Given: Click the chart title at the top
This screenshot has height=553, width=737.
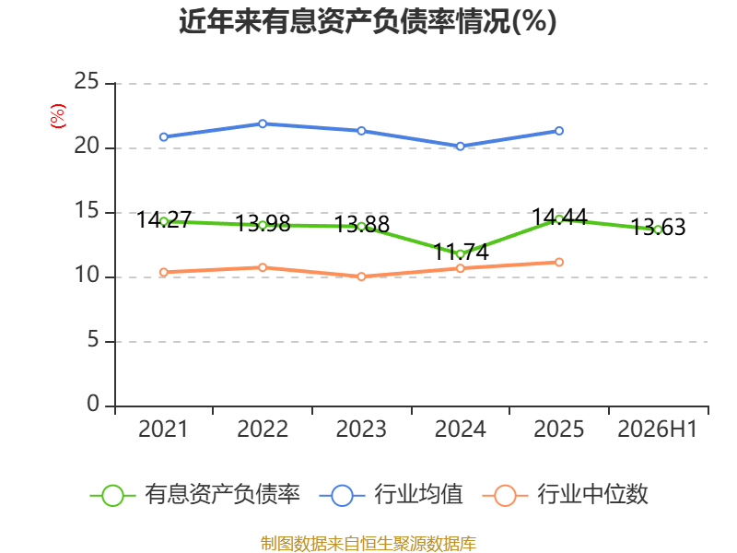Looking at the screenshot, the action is (x=368, y=21).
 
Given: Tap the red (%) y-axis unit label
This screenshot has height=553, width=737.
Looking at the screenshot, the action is (x=58, y=116).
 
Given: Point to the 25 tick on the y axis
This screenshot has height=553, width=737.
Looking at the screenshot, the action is (x=87, y=82).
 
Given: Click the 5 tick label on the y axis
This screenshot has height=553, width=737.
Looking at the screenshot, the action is (x=93, y=340).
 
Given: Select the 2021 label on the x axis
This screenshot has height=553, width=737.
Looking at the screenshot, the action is (x=163, y=429).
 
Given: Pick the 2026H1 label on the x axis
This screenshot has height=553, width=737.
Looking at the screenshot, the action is (x=657, y=429).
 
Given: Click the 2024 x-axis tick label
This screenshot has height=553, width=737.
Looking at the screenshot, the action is (x=460, y=429).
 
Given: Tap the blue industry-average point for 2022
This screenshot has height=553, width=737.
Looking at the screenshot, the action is (x=263, y=124).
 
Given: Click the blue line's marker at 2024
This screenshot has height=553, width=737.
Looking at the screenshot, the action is (x=460, y=147).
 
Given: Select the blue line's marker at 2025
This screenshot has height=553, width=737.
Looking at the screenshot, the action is (x=559, y=131).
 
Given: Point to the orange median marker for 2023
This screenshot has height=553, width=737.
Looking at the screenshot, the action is (x=361, y=276).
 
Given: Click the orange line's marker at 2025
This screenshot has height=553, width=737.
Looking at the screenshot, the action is (x=559, y=262).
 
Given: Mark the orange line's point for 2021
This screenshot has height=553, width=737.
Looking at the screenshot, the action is (x=164, y=272).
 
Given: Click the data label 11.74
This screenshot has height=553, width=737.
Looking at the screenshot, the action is (x=461, y=252).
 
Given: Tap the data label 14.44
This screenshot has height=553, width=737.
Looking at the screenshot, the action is (x=559, y=218).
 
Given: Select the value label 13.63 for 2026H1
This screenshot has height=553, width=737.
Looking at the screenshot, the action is (x=658, y=227).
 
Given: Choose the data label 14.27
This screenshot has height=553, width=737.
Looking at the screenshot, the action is (x=164, y=219).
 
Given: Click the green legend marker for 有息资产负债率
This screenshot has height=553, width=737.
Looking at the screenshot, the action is (x=112, y=496).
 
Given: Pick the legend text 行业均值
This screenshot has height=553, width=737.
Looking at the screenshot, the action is (x=418, y=494).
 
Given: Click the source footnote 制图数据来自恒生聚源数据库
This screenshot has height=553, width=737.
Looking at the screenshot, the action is (x=368, y=544).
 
